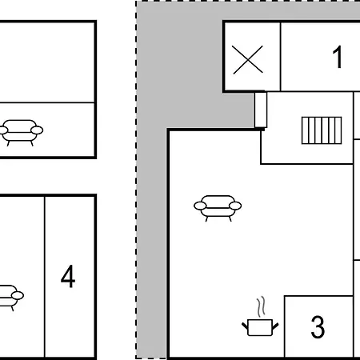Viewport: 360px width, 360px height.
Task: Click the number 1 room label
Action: tap(338, 57)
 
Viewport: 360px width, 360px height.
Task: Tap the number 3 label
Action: tap(318, 327)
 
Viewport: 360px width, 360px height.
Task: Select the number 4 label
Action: tap(68, 277)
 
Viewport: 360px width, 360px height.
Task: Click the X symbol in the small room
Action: tap(247, 60)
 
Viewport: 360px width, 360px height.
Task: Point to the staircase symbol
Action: tap(322, 130)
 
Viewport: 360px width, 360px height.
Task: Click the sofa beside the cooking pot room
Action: tap(218, 207)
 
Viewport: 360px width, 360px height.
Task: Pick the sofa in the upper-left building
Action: tap(21, 132)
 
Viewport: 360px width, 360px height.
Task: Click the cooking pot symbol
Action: tap(260, 327)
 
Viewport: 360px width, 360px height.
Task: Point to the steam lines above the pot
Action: tap(262, 306)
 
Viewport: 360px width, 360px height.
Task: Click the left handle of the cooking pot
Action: tap(245, 326)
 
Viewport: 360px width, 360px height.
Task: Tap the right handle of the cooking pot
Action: tap(275, 326)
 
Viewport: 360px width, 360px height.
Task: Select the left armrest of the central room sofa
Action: tap(200, 206)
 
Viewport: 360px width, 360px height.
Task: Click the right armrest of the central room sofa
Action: tap(235, 206)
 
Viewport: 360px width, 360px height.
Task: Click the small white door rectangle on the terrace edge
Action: tap(261, 110)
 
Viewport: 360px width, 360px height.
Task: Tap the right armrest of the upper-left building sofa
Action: tap(37, 130)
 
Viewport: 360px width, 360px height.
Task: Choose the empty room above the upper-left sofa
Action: tap(46, 62)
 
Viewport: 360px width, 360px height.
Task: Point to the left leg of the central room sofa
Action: tap(206, 219)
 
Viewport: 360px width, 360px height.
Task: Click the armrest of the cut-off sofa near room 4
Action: tap(18, 295)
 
